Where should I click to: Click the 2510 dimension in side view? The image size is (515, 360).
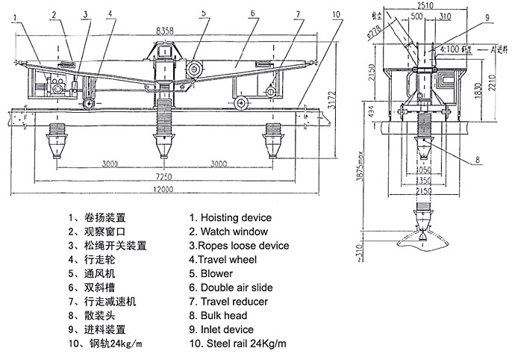pyautogui.click(x=426, y=5)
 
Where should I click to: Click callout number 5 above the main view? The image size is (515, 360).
pyautogui.click(x=203, y=13)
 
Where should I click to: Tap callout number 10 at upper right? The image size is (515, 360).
pyautogui.click(x=337, y=13)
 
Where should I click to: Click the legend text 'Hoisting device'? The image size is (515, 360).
pyautogui.click(x=231, y=218)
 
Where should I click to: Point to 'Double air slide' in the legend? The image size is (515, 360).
pyautogui.click(x=231, y=288)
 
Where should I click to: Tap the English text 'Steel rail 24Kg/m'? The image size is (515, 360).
pyautogui.click(x=237, y=344)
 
